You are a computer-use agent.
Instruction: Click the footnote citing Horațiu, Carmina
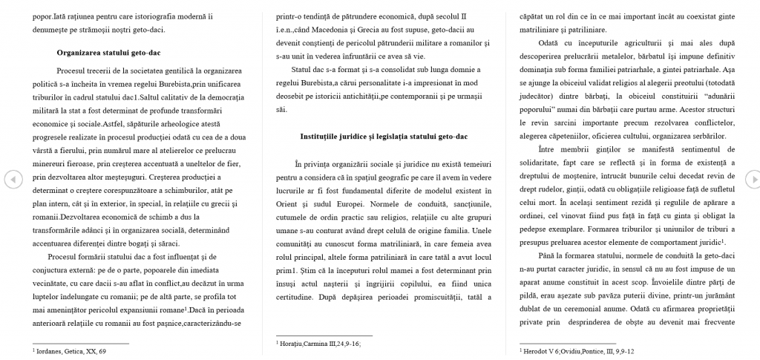point(318,344)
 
